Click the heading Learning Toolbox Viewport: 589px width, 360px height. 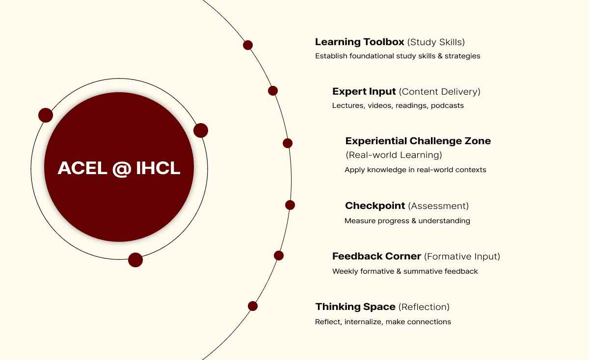pyautogui.click(x=360, y=42)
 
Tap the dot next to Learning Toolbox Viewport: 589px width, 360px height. pyautogui.click(x=248, y=45)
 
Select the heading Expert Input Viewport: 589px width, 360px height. pyautogui.click(x=364, y=92)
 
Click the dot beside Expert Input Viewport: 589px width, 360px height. pyautogui.click(x=273, y=91)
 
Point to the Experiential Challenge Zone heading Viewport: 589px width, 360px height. pyautogui.click(x=418, y=141)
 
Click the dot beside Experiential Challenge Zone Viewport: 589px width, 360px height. pyautogui.click(x=288, y=143)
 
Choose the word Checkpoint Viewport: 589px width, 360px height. pyautogui.click(x=375, y=206)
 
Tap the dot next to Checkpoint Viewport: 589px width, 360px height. pyautogui.click(x=290, y=205)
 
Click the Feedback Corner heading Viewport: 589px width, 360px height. pyautogui.click(x=376, y=257)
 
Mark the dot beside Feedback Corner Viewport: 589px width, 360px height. pyautogui.click(x=279, y=256)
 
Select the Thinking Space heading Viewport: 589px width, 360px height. pyautogui.click(x=355, y=307)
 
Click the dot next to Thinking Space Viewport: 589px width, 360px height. pyautogui.click(x=253, y=306)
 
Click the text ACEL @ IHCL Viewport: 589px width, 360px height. pyautogui.click(x=119, y=168)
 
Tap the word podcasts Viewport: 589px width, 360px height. pyautogui.click(x=447, y=105)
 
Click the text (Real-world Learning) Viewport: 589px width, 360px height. pyautogui.click(x=394, y=155)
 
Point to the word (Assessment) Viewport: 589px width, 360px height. pyautogui.click(x=438, y=206)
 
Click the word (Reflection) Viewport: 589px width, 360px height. pyautogui.click(x=424, y=307)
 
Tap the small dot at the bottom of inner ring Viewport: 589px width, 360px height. pyautogui.click(x=135, y=260)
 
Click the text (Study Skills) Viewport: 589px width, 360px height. pyautogui.click(x=436, y=42)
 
